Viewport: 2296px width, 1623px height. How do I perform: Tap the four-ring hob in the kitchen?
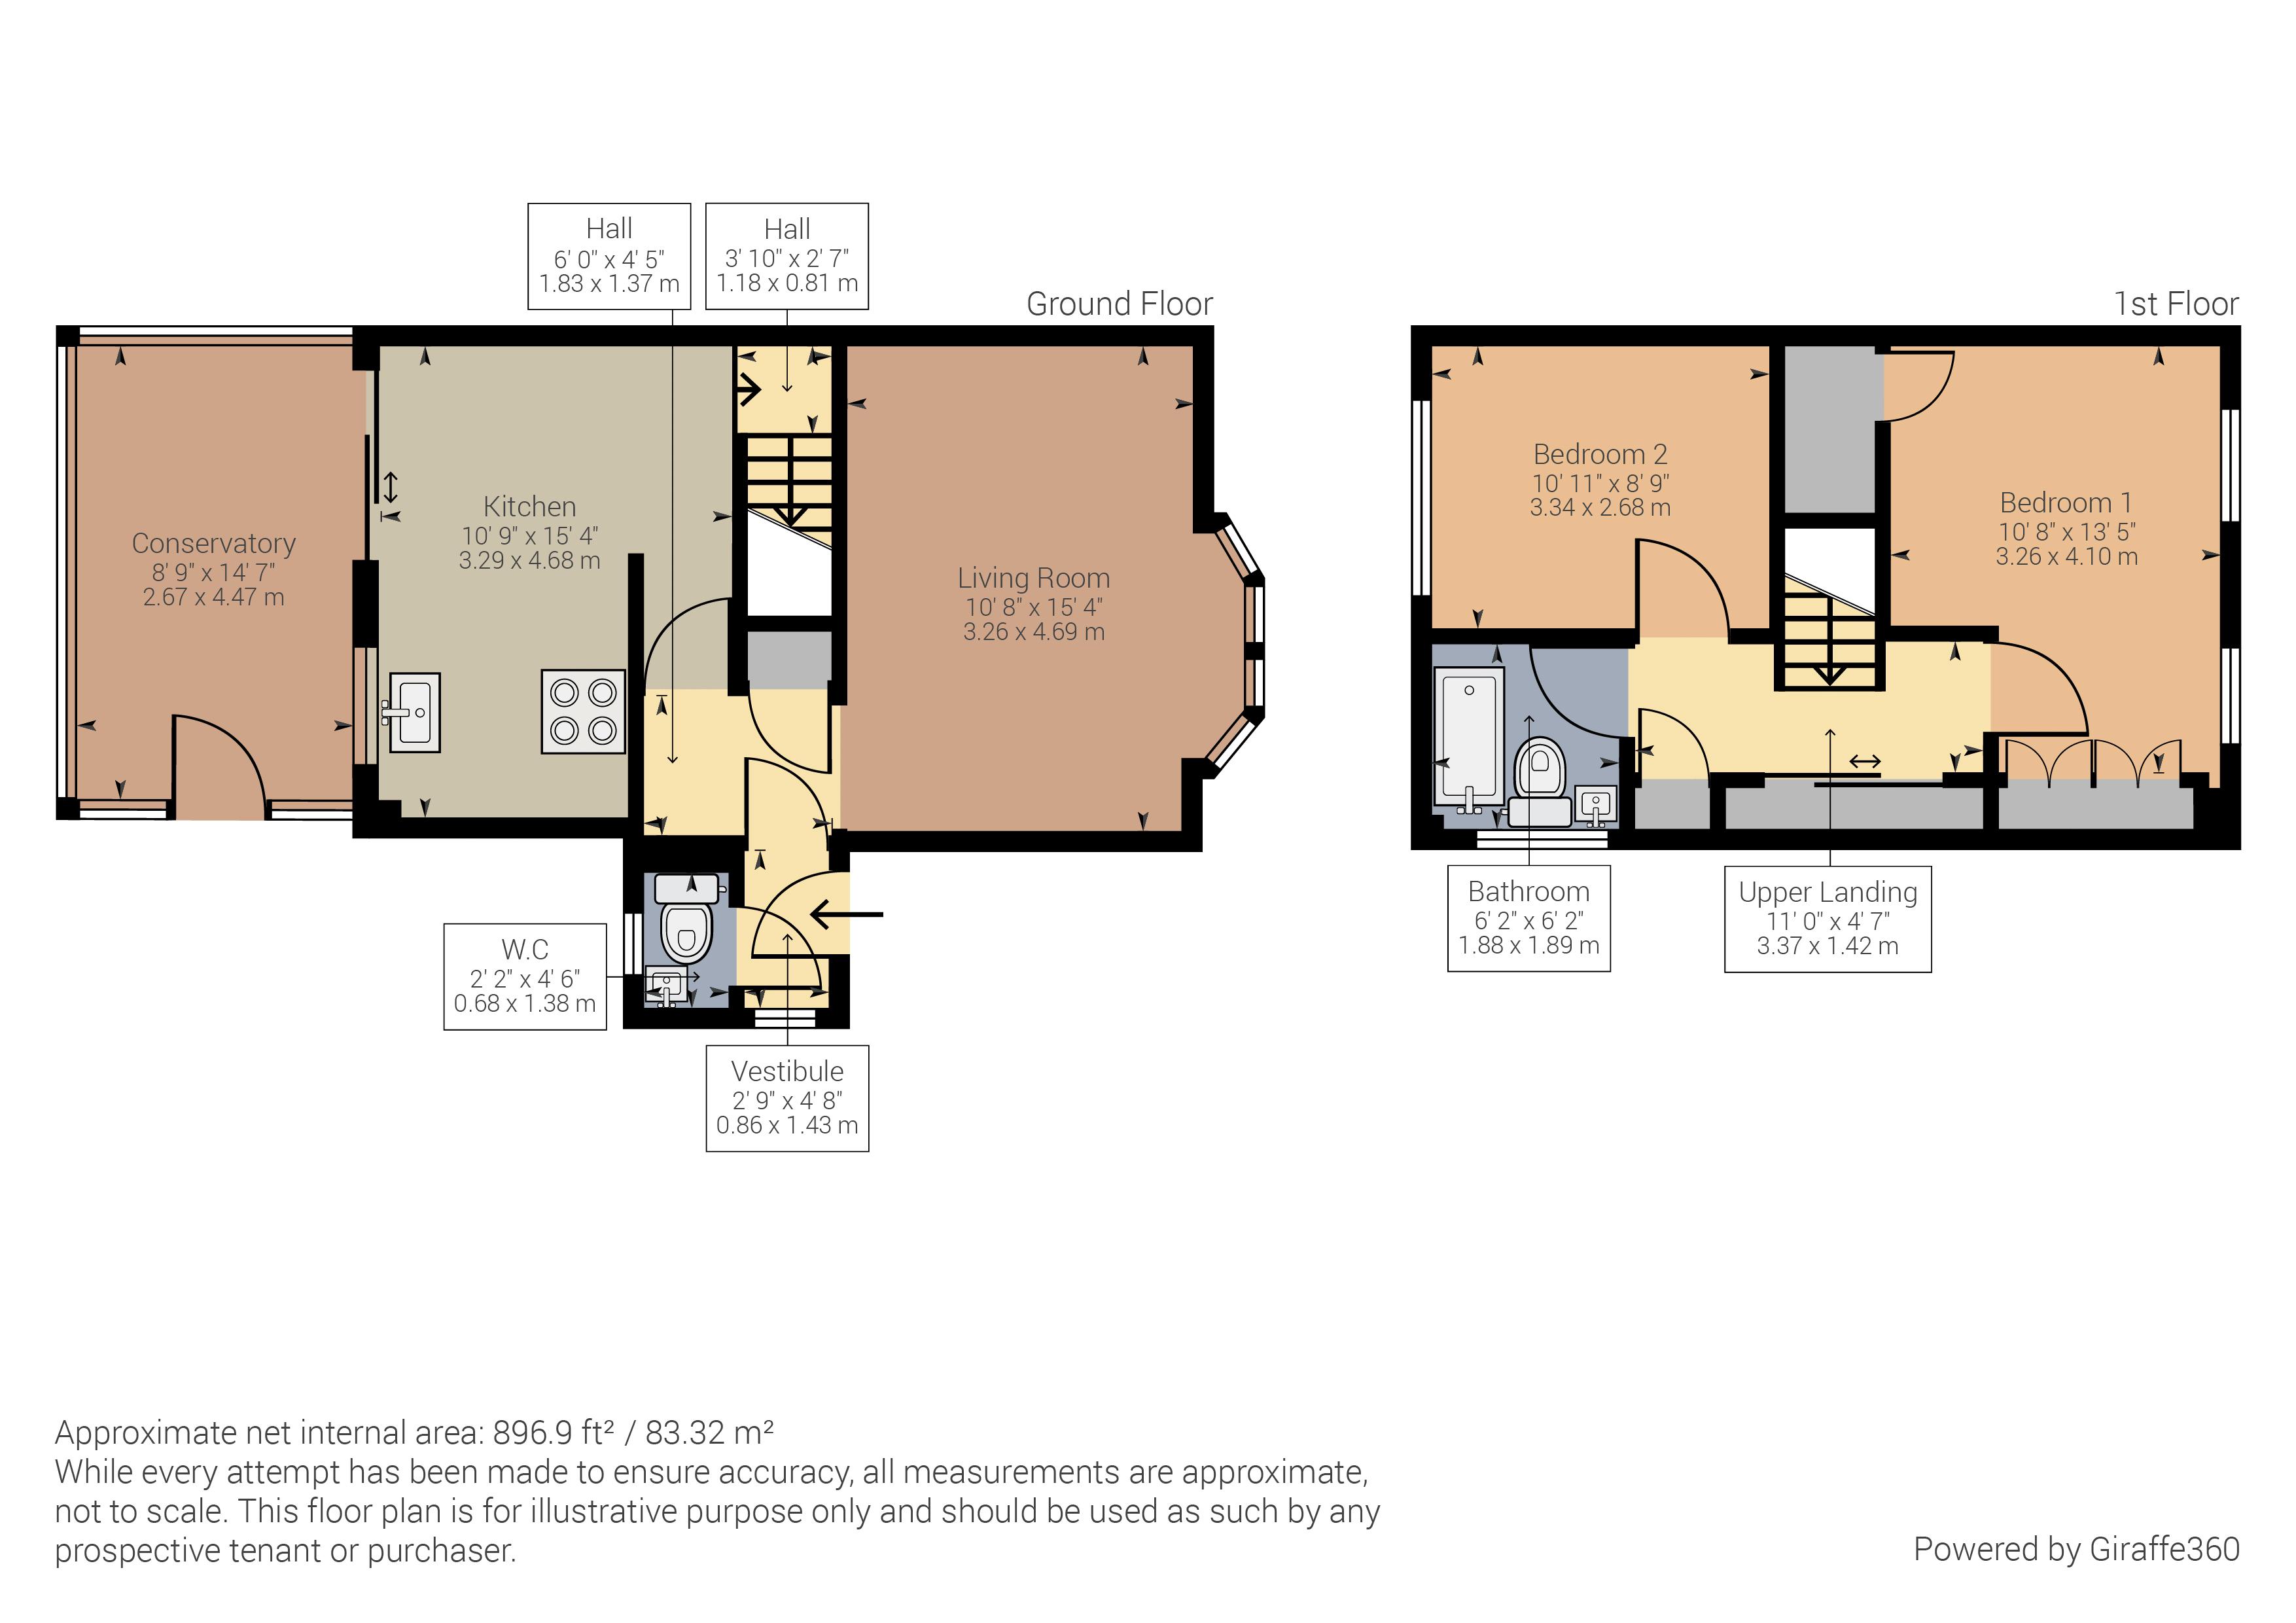[583, 711]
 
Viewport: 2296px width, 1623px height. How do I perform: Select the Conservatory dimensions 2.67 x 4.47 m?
[213, 597]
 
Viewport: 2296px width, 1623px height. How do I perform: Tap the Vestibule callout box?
[787, 1098]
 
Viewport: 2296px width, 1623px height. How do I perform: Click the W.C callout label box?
[525, 976]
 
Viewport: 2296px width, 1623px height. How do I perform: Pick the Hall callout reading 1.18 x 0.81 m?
[787, 283]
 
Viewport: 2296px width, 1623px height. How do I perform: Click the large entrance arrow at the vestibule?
[846, 913]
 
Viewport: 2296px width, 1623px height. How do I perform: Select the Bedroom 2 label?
[1600, 454]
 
